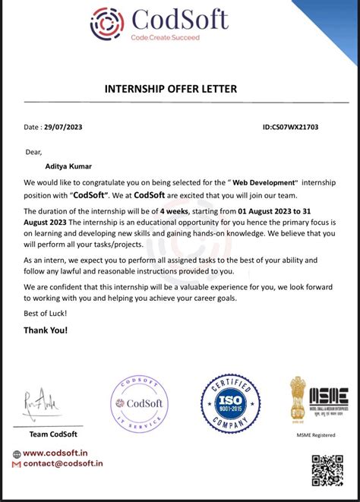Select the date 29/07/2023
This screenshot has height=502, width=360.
pyautogui.click(x=65, y=127)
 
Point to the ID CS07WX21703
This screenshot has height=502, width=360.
pyautogui.click(x=291, y=127)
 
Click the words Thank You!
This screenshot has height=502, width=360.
pyautogui.click(x=46, y=330)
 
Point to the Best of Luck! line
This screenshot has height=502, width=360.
pyautogui.click(x=45, y=313)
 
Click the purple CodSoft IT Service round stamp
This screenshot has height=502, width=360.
pyautogui.click(x=140, y=405)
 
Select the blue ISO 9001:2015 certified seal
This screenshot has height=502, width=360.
pyautogui.click(x=230, y=403)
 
